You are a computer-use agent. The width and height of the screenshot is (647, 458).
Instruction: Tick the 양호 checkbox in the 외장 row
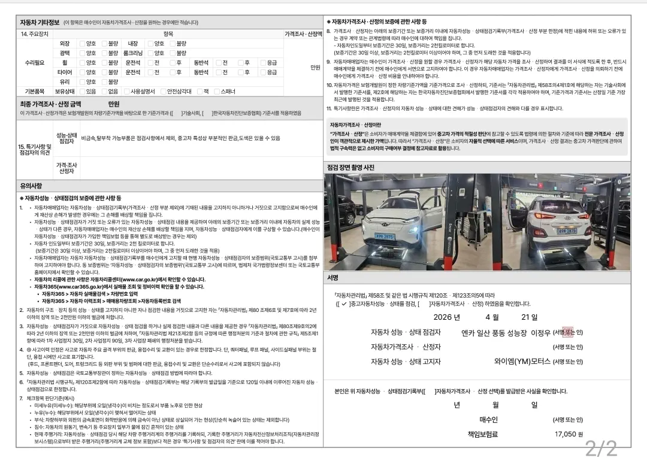[82, 44]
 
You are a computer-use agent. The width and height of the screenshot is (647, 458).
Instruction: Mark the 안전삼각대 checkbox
[162, 92]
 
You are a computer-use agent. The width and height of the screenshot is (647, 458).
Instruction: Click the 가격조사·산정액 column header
[303, 34]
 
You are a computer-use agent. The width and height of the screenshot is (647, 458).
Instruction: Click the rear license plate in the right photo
[567, 230]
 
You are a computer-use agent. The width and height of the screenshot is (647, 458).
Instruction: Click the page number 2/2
[600, 447]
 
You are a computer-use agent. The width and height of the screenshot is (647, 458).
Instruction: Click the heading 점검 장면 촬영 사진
[350, 167]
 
